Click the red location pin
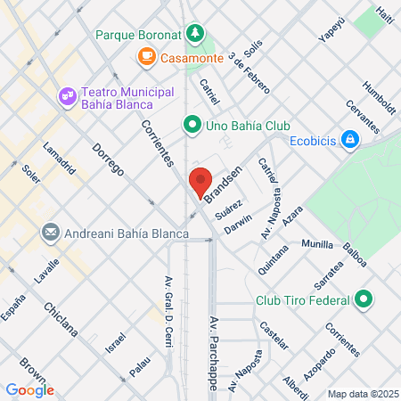pyautogui.click(x=200, y=184)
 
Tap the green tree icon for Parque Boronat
pyautogui.click(x=195, y=34)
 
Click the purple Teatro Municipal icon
pyautogui.click(x=67, y=94)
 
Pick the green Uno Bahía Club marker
pyautogui.click(x=191, y=125)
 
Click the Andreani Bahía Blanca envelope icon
pyautogui.click(x=51, y=233)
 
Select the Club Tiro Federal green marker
pyautogui.click(x=363, y=299)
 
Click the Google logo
pyautogui.click(x=29, y=389)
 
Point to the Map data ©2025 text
pyautogui.click(x=362, y=393)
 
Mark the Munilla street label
pyautogui.click(x=317, y=243)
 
